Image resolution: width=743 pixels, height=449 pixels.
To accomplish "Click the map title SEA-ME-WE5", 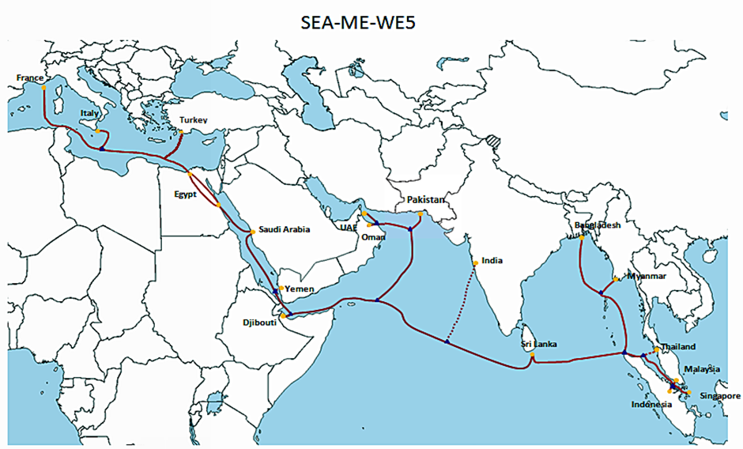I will point(358,23).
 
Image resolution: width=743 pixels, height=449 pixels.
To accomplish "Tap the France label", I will point(29,77).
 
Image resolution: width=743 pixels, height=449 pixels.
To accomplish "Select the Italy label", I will point(89,115).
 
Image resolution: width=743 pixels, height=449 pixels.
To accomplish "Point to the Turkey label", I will point(193,120).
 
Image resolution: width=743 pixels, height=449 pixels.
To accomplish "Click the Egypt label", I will point(185,193).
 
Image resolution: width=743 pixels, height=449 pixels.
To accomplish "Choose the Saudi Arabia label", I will point(284,230).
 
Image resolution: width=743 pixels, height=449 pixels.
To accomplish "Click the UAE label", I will point(347,226).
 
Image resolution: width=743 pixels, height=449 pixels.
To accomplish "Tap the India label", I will point(492,260).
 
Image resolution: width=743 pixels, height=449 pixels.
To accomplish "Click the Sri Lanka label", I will point(539,344).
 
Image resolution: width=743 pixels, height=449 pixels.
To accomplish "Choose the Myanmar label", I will point(646,276).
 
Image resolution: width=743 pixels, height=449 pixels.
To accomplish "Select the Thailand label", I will point(678,347).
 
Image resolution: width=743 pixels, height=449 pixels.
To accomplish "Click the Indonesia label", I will point(651,406).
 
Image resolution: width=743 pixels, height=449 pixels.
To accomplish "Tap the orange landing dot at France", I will point(44,88).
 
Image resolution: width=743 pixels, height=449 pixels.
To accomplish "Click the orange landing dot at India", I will point(474,263).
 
